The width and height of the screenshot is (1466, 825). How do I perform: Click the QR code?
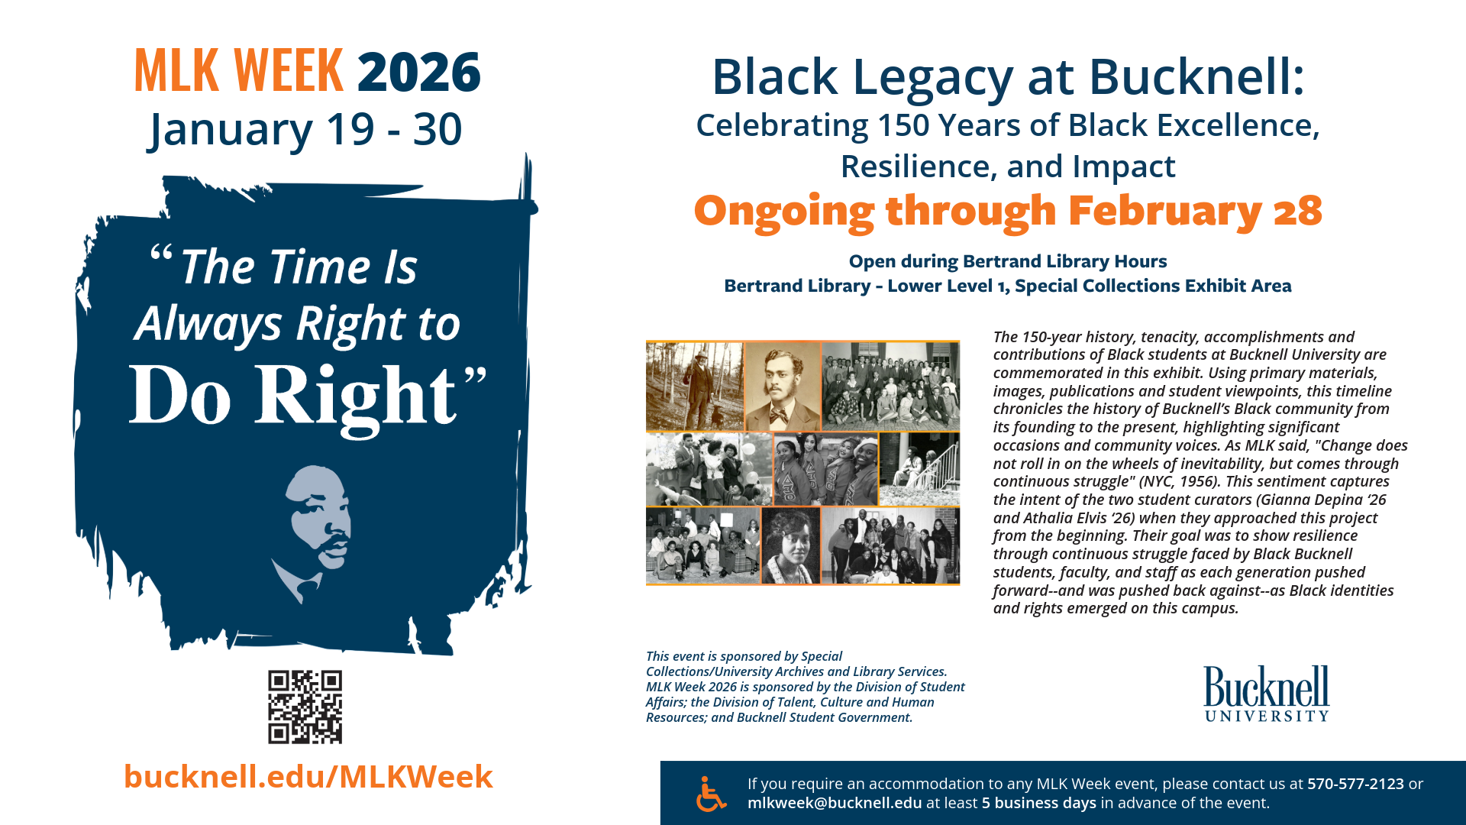[305, 707]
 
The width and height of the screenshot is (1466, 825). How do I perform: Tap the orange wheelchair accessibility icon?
[711, 794]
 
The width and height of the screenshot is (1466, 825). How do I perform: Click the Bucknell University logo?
[1267, 694]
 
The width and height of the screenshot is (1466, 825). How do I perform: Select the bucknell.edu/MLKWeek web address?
[308, 777]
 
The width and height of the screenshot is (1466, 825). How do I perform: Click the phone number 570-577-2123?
[1355, 784]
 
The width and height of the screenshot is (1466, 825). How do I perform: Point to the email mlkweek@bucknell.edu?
[835, 803]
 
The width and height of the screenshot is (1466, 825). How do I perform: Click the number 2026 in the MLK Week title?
[418, 73]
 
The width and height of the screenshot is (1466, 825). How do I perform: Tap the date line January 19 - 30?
[305, 129]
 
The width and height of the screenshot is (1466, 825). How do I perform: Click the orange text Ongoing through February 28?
[1008, 211]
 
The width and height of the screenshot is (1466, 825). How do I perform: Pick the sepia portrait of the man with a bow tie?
[783, 386]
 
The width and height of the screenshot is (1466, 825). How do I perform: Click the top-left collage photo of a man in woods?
[694, 386]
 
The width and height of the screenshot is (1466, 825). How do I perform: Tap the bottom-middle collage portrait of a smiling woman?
[791, 545]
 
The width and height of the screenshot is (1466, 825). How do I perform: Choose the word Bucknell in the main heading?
[1196, 77]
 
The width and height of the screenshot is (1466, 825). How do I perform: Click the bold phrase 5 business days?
[1039, 803]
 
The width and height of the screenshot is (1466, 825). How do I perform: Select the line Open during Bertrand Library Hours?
[1008, 261]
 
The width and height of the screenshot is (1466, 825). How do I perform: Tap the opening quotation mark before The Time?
[160, 254]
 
